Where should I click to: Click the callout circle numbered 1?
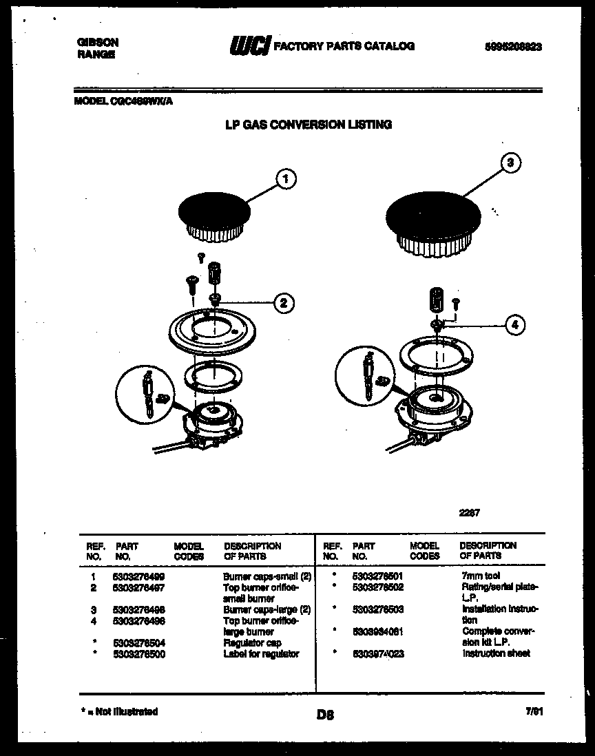click(x=286, y=180)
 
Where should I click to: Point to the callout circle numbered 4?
click(x=514, y=324)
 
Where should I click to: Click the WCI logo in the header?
click(x=249, y=45)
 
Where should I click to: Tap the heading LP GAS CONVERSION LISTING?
click(x=309, y=125)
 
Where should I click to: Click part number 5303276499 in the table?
click(x=138, y=576)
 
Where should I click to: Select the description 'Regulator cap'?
click(x=252, y=642)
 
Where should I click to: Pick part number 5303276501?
click(x=377, y=576)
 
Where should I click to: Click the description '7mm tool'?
click(x=481, y=576)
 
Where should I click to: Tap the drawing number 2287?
click(x=469, y=512)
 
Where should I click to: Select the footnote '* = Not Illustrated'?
click(x=118, y=711)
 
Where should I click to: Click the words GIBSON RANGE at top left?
click(x=96, y=48)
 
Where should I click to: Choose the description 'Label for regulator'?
click(x=261, y=653)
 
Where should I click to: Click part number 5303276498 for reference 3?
click(x=138, y=609)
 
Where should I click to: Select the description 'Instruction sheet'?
click(x=496, y=653)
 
